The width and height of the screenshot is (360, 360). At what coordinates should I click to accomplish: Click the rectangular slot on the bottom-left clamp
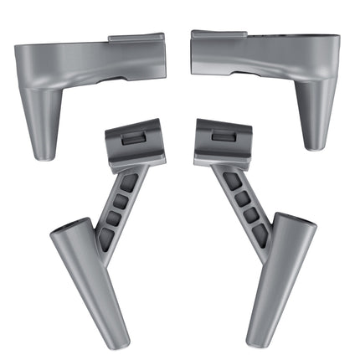[133, 139]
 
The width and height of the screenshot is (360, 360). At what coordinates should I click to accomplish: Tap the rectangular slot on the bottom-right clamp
[223, 136]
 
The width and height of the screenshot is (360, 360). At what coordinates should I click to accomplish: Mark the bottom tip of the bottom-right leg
[252, 342]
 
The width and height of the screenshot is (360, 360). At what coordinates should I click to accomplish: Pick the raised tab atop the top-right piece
[219, 34]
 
